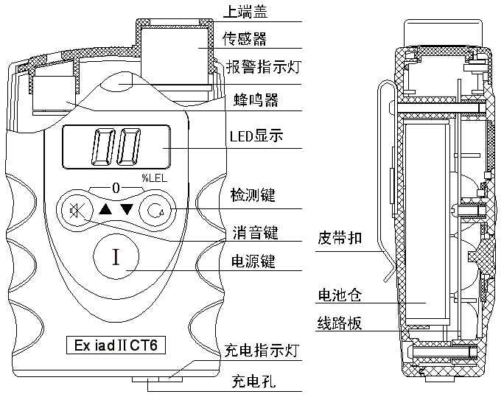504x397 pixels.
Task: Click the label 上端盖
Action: coord(245,12)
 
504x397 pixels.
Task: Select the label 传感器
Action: coord(245,38)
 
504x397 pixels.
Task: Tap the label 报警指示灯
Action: coord(263,67)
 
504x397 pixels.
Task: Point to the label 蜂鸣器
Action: coord(256,99)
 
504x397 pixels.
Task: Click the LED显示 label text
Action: coord(256,136)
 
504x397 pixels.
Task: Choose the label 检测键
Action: coord(253,195)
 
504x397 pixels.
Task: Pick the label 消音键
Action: coord(256,233)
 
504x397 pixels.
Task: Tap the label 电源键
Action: coord(253,261)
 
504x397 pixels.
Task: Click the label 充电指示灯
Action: coord(262,351)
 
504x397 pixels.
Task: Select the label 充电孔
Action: coord(254,382)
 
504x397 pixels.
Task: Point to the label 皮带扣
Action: coord(340,238)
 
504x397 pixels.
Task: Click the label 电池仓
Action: coord(340,295)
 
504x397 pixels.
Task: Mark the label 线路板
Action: coord(340,323)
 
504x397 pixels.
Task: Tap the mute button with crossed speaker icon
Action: coord(75,211)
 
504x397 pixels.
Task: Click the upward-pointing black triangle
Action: coord(105,209)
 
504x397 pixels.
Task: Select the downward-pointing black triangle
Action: coord(127,209)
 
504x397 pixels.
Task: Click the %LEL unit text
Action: coord(155,178)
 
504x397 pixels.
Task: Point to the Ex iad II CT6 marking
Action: coord(116,345)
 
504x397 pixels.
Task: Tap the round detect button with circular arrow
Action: coord(156,211)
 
